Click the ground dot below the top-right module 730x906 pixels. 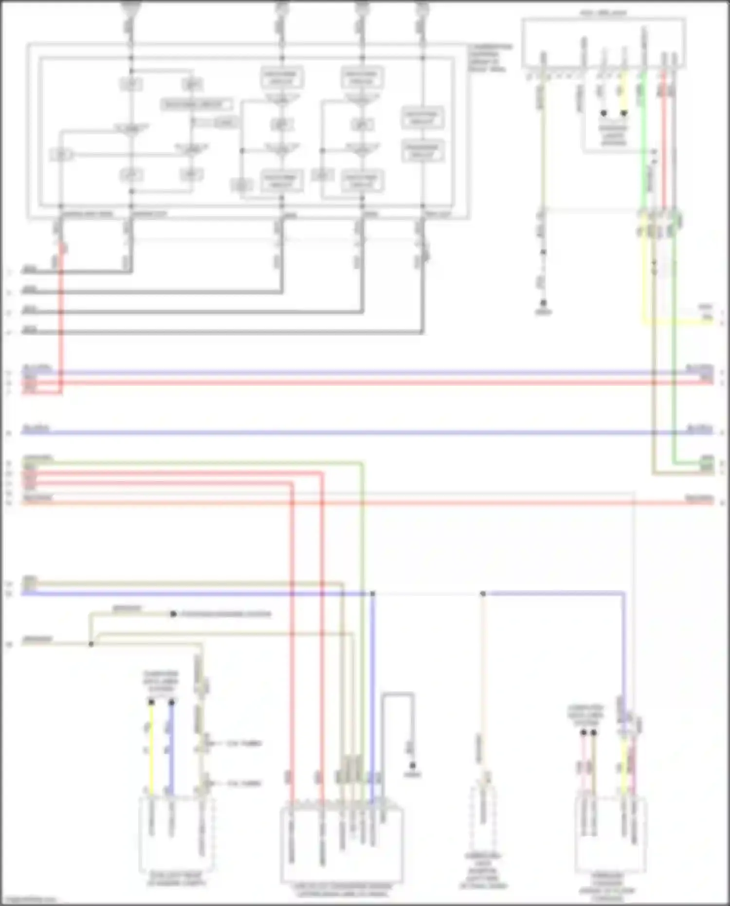(x=543, y=303)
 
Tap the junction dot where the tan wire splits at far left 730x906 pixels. (x=91, y=644)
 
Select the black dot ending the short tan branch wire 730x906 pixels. (x=173, y=614)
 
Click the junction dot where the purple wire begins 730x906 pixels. (x=483, y=593)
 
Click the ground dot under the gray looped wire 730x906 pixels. (x=413, y=765)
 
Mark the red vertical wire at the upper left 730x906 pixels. (x=61, y=316)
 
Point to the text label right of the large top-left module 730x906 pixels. (x=489, y=58)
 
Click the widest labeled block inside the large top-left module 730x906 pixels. (x=197, y=104)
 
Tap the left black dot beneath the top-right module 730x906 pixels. (x=603, y=113)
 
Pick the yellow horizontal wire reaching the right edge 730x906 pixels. (x=681, y=322)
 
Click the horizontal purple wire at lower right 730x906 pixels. (x=555, y=593)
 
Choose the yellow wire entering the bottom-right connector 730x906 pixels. (x=624, y=769)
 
